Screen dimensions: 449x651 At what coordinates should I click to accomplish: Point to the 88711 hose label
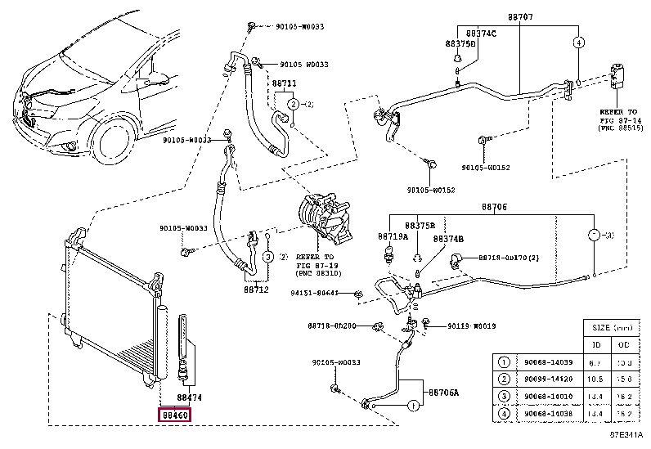[285, 84]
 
